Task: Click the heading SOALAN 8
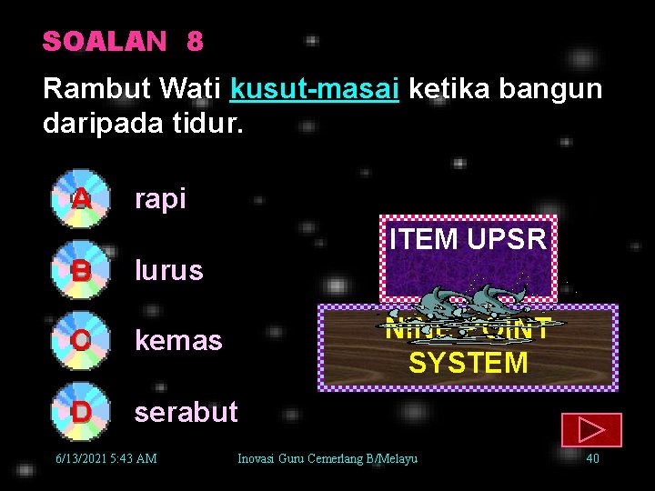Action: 123,42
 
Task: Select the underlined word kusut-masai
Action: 315,89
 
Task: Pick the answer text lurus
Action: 168,270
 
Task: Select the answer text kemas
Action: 178,341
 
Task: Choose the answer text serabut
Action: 186,412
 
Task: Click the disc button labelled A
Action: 81,197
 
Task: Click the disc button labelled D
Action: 81,411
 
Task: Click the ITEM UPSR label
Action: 468,239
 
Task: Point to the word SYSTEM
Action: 468,363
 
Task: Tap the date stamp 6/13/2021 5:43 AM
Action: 106,458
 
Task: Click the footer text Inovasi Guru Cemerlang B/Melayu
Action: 327,458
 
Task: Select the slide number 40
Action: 592,458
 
